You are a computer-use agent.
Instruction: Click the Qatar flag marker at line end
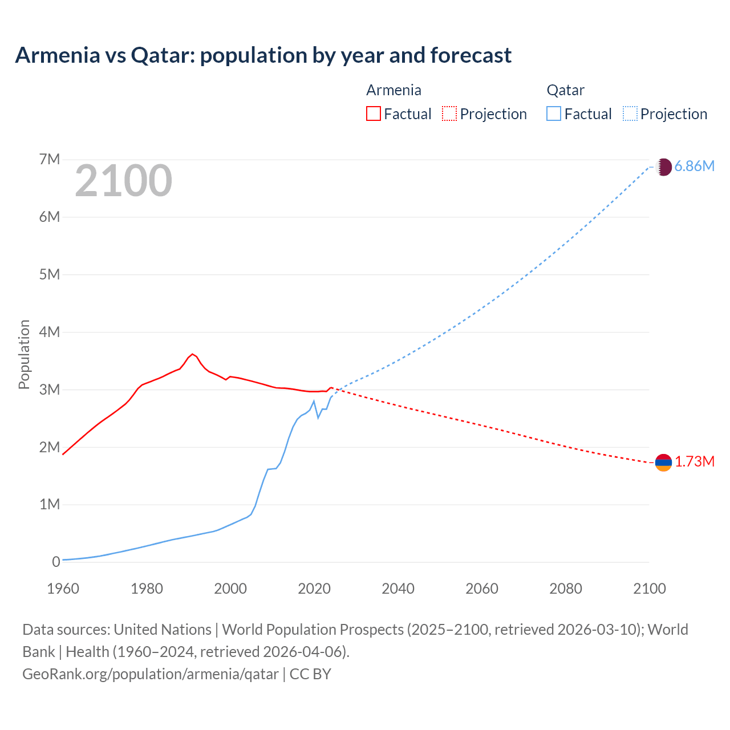663,167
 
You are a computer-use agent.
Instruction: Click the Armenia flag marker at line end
663,463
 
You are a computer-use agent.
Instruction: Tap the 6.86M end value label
694,166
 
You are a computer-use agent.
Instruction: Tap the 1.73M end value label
695,461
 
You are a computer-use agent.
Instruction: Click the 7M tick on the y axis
50,159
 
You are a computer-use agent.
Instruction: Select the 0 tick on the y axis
56,562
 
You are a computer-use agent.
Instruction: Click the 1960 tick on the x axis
63,589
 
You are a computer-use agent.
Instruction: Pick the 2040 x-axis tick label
398,589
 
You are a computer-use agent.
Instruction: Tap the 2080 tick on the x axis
566,589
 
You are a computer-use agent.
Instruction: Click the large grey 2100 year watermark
123,181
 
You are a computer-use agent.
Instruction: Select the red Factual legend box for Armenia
373,113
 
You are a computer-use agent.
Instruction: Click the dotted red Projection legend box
449,113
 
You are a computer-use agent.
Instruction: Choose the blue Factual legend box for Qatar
554,113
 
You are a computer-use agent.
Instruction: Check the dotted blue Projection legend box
630,113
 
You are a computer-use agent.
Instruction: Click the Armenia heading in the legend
394,90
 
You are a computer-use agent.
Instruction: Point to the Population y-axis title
24,354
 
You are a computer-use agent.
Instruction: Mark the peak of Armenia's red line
193,354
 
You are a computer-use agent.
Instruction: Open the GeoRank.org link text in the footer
151,674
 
